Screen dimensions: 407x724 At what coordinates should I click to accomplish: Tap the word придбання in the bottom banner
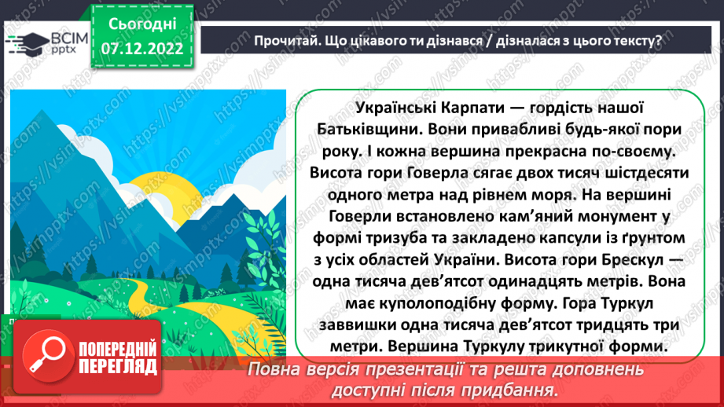pos(500,389)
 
